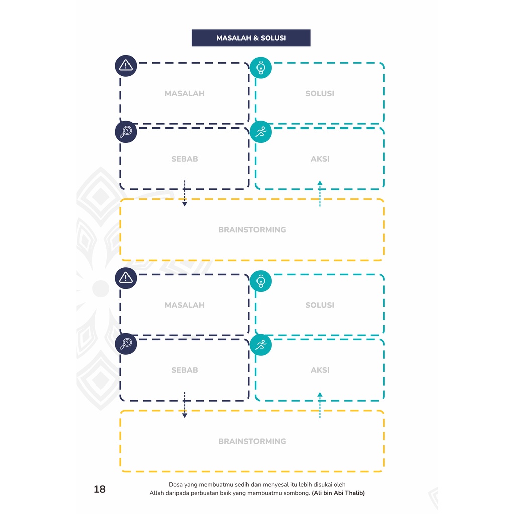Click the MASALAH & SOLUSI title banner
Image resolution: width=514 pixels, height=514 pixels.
[x=251, y=38]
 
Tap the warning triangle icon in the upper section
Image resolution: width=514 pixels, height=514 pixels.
[x=126, y=66]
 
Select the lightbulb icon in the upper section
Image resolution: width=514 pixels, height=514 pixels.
[x=261, y=68]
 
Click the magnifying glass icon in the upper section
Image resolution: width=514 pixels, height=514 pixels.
[x=126, y=132]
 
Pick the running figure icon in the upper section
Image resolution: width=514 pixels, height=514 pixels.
[x=261, y=132]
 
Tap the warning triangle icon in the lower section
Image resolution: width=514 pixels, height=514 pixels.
[x=126, y=278]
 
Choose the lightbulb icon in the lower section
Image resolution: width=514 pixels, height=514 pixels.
[x=261, y=281]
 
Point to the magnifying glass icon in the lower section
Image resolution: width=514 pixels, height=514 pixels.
[x=126, y=344]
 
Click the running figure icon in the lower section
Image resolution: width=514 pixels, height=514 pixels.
[x=261, y=345]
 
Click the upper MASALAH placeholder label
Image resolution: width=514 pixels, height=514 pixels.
[x=185, y=94]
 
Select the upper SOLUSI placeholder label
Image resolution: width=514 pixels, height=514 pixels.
[x=320, y=94]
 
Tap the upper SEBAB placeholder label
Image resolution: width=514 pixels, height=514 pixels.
[x=185, y=159]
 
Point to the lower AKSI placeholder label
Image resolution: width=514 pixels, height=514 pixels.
[x=320, y=370]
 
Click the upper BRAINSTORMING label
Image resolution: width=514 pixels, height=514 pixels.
[x=252, y=230]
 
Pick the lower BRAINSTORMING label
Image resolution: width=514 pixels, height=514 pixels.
[x=252, y=442]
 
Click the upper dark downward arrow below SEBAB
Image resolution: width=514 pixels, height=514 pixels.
[x=185, y=193]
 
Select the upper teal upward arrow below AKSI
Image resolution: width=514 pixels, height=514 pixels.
[x=320, y=193]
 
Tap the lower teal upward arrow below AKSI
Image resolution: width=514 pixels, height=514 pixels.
[x=320, y=405]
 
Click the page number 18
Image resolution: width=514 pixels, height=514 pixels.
[x=100, y=489]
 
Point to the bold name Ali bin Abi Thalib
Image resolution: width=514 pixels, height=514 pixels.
[x=338, y=493]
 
